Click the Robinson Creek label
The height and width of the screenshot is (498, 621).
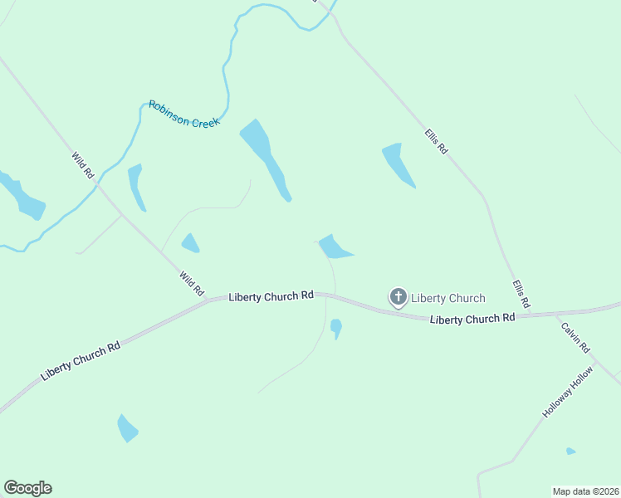click(183, 114)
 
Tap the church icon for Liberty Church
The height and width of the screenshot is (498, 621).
click(399, 296)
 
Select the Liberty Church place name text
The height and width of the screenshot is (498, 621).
click(448, 298)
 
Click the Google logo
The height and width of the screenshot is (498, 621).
click(27, 488)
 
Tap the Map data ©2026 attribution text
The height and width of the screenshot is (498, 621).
click(585, 491)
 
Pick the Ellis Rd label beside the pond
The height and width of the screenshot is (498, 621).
click(436, 139)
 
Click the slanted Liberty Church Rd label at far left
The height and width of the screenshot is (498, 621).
click(81, 360)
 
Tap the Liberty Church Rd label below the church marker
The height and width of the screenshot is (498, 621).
click(472, 319)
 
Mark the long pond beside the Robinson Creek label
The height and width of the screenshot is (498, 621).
click(265, 157)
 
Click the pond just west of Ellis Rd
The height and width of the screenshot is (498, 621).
click(397, 164)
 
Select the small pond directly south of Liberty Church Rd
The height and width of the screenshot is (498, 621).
click(335, 328)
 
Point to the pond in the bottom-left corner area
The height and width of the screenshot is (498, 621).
click(126, 428)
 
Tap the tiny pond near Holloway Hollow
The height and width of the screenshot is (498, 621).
click(570, 452)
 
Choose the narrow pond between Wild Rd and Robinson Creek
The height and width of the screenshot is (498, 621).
click(135, 185)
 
